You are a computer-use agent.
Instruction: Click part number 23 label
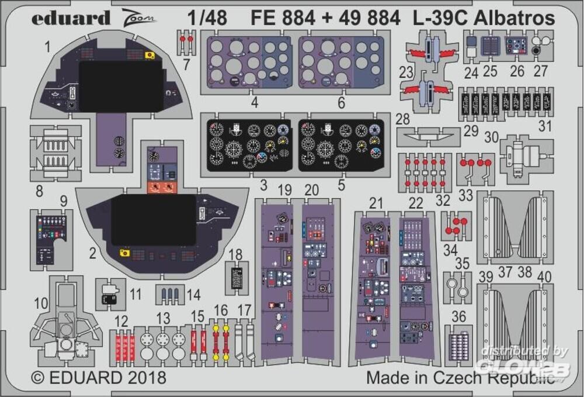(x=406, y=74)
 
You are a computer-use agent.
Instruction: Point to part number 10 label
(x=41, y=303)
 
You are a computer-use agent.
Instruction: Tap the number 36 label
(x=459, y=316)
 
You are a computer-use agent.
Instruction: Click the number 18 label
(x=235, y=254)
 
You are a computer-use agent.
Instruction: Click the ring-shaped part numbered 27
(x=536, y=51)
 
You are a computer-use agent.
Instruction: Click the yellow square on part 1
(x=151, y=56)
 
